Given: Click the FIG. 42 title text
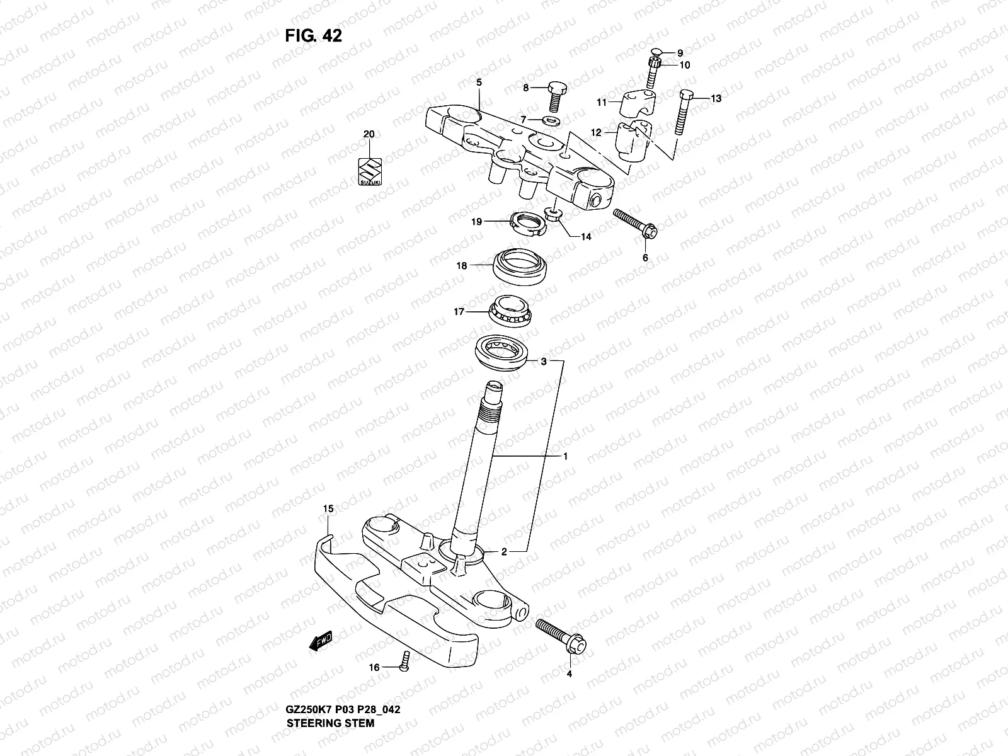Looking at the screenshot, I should click(x=313, y=36).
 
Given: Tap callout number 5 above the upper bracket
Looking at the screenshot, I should click(x=479, y=83).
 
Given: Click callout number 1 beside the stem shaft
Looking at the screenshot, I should click(x=565, y=456).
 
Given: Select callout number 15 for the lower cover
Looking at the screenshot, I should click(x=328, y=508).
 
